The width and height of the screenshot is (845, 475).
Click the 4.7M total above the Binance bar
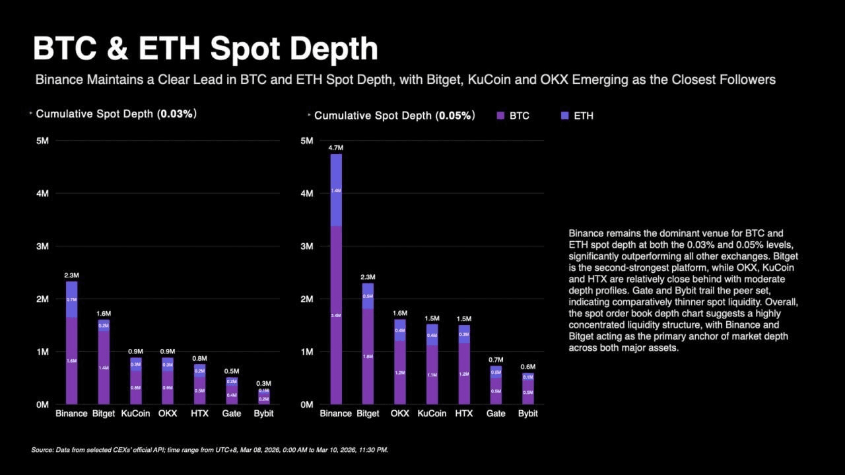(x=336, y=148)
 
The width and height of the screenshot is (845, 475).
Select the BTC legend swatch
(x=500, y=116)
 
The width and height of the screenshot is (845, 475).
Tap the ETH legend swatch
(x=564, y=116)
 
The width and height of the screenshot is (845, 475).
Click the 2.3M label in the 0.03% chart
(x=71, y=275)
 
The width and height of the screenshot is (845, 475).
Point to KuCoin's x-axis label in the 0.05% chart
(x=432, y=414)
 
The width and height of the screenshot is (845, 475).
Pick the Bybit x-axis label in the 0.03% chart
(x=263, y=414)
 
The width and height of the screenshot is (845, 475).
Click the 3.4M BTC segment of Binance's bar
(x=336, y=315)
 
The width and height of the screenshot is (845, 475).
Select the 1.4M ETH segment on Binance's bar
(x=336, y=190)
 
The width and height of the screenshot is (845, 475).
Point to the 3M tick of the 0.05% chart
(x=306, y=246)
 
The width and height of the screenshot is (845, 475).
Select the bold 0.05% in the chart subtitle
(x=455, y=116)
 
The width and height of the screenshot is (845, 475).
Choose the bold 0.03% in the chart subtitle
(x=176, y=114)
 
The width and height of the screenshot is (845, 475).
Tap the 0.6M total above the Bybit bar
(x=527, y=367)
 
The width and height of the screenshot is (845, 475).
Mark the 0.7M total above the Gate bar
(x=496, y=359)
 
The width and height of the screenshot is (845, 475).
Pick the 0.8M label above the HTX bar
(x=199, y=359)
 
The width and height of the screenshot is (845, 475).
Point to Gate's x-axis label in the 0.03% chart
(x=231, y=414)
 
